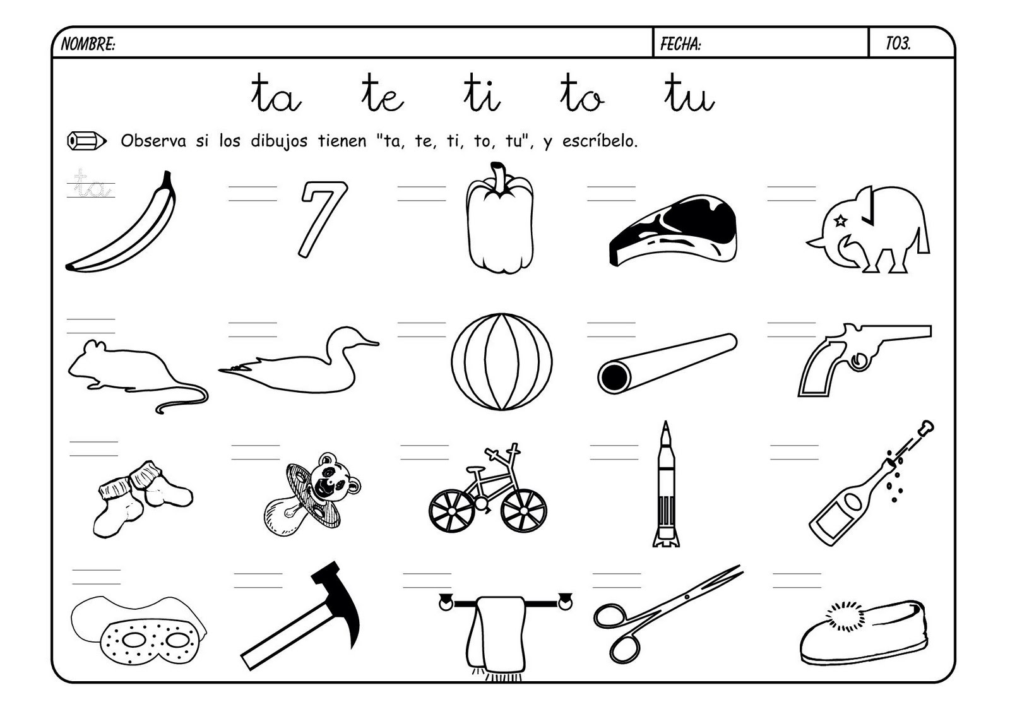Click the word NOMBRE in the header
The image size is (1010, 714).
click(88, 44)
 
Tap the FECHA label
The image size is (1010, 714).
click(680, 44)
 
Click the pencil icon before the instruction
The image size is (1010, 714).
click(86, 141)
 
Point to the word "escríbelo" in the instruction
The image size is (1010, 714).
click(600, 141)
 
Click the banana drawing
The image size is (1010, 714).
click(121, 222)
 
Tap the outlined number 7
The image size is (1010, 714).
click(323, 219)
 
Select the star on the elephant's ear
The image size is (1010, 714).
click(840, 220)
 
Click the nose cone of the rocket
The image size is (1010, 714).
click(665, 434)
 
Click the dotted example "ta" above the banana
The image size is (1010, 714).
click(91, 184)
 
